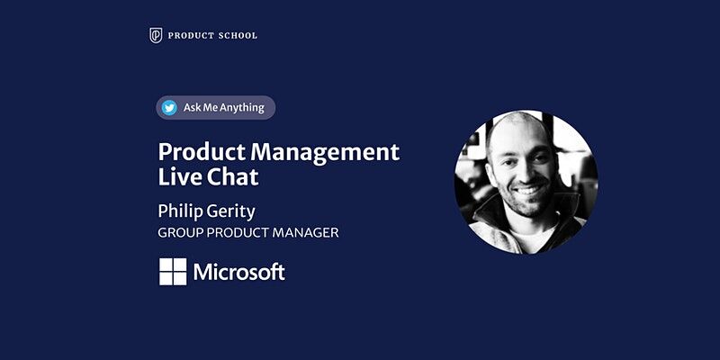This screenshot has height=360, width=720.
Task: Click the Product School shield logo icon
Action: [156, 35]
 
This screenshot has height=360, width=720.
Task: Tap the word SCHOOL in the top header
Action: [238, 35]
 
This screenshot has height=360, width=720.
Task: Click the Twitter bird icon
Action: [169, 108]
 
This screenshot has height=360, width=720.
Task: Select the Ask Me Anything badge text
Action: [224, 108]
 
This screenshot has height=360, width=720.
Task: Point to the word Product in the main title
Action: [201, 150]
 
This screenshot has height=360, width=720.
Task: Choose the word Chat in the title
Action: [231, 177]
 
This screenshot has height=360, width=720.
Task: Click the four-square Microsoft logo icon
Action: [173, 272]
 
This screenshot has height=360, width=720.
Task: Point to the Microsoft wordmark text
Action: [239, 272]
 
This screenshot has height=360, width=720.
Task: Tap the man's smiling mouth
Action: [528, 192]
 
